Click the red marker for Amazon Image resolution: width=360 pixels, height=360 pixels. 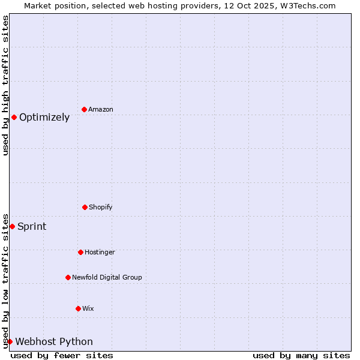tap(84, 109)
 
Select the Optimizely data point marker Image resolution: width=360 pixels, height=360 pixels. tap(14, 117)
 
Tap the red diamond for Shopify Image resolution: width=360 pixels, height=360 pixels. tap(85, 207)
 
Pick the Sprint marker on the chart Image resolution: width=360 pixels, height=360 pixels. tap(12, 226)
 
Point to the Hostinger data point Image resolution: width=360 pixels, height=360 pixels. tap(80, 252)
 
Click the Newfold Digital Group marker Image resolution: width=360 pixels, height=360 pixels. tap(68, 277)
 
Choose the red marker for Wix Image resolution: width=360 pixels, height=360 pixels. tap(78, 308)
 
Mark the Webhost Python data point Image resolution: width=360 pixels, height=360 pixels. tap(10, 341)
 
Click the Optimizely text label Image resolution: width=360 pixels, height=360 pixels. tap(44, 118)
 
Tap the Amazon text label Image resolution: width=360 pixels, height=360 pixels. tap(101, 110)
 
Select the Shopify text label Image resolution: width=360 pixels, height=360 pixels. tap(101, 208)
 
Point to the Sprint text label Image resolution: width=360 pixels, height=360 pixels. tap(32, 227)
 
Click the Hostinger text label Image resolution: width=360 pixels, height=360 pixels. tap(100, 253)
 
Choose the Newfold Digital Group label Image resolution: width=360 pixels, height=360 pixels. tap(107, 278)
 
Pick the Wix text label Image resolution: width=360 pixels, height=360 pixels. tap(88, 309)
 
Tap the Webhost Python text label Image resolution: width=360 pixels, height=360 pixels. tap(54, 342)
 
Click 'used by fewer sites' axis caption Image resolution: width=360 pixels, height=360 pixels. tap(62, 355)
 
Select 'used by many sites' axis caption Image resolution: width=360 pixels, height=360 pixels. tap(301, 355)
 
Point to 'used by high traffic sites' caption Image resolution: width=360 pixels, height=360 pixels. tap(5, 85)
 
